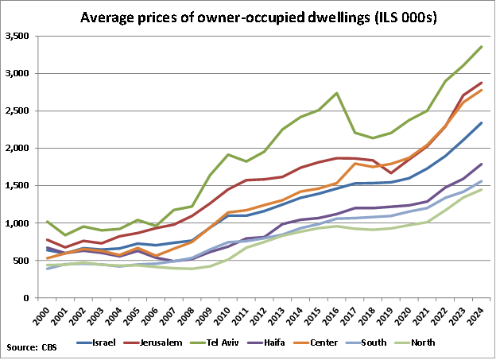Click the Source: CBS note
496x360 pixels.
31,347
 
